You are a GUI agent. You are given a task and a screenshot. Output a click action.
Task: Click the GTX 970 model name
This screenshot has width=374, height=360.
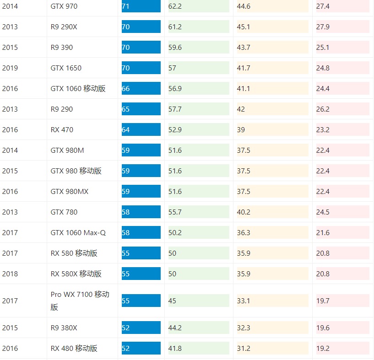click(x=64, y=6)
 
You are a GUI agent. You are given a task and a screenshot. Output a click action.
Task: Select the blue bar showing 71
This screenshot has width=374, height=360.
click(x=141, y=6)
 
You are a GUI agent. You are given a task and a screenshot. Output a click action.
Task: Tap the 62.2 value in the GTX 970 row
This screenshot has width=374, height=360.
click(x=175, y=6)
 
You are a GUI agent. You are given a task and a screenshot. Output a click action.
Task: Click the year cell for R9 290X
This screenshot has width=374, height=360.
click(x=10, y=27)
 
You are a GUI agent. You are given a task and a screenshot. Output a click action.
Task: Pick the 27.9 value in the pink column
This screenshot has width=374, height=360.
click(x=323, y=27)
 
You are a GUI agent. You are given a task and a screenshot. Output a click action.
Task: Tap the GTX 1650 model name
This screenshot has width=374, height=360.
click(x=66, y=68)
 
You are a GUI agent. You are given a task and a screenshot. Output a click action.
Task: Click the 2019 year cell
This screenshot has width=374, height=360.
click(x=10, y=68)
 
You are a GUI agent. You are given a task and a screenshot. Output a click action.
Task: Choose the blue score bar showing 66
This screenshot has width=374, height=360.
click(x=141, y=88)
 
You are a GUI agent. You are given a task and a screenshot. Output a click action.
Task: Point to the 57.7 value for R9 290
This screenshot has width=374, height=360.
click(x=175, y=109)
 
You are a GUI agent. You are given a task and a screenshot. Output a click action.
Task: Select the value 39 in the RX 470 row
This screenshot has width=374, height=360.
click(x=241, y=129)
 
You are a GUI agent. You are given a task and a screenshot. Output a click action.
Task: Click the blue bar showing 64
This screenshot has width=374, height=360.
click(x=141, y=129)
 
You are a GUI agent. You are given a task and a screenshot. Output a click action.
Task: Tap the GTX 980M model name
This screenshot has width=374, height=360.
click(x=67, y=150)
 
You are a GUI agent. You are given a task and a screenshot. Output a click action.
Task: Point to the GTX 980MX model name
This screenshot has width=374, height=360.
click(x=69, y=191)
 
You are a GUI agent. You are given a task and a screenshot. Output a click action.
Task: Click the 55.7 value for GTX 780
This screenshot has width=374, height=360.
click(x=175, y=212)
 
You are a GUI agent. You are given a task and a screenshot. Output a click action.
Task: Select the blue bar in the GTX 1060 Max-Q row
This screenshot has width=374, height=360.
click(x=141, y=232)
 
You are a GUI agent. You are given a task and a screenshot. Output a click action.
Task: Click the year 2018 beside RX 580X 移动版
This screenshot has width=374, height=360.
click(x=10, y=274)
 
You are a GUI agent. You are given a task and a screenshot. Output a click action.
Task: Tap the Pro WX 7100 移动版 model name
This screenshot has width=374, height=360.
click(x=80, y=301)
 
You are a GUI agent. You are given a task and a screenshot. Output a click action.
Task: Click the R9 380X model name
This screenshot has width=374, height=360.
click(x=64, y=328)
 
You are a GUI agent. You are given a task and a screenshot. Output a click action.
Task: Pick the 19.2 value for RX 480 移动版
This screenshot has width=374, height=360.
click(x=323, y=348)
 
